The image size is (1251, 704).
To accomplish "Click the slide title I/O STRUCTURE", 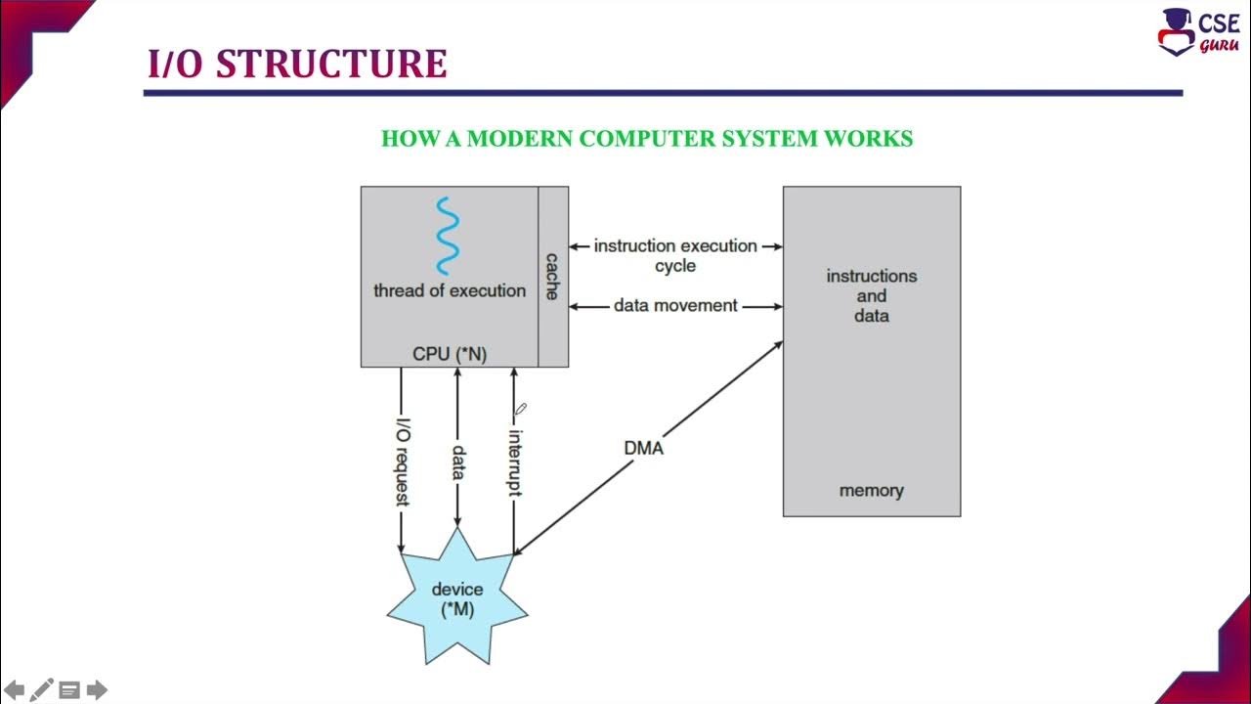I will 297,64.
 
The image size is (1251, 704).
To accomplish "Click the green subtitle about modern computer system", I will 646,139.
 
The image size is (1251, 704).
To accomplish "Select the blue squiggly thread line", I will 448,236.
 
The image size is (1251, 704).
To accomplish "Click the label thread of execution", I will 450,290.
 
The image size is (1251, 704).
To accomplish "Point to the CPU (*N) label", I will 450,354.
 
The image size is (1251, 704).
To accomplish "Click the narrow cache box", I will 553,277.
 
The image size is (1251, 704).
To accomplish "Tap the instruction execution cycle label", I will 675,255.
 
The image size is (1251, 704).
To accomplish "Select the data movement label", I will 675,306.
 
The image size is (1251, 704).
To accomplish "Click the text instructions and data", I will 872,295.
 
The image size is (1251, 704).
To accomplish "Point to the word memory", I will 872,491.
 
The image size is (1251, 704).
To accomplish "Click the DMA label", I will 643,448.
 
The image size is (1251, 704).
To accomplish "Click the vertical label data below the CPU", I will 457,462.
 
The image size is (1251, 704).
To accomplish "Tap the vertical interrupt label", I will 514,462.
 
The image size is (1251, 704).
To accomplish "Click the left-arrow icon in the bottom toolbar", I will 15,690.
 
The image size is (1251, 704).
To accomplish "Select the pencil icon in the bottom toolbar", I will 42,690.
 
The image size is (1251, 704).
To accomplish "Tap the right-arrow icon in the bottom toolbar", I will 97,690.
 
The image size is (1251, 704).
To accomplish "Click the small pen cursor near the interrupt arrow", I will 521,410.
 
